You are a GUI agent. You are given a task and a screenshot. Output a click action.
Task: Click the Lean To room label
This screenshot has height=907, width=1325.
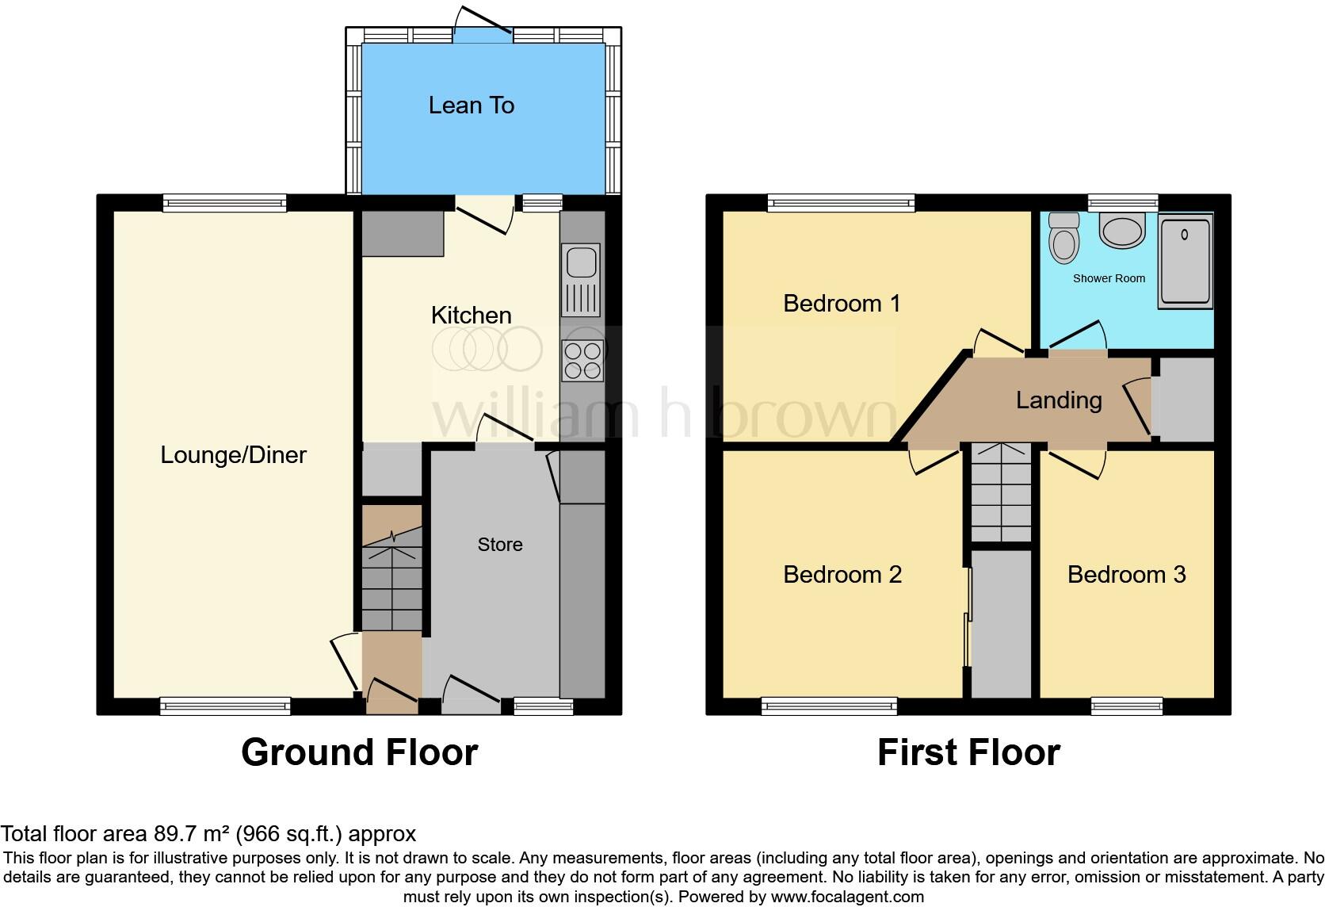(472, 105)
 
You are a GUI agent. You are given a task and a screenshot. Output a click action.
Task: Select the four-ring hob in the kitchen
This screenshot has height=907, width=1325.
(582, 361)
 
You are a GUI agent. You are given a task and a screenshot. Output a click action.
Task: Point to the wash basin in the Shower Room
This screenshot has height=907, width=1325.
(1122, 230)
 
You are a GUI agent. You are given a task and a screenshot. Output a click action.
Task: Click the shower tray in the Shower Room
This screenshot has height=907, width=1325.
(1186, 262)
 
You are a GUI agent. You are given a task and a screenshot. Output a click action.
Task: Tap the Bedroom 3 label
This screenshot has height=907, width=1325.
(1126, 574)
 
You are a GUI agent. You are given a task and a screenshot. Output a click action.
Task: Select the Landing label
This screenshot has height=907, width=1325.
(1059, 400)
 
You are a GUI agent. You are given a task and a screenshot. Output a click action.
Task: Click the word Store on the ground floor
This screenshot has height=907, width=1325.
(500, 545)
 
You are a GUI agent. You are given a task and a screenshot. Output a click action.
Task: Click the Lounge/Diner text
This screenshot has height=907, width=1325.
(233, 454)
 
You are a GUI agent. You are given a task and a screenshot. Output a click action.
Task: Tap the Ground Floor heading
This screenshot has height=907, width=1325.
(359, 752)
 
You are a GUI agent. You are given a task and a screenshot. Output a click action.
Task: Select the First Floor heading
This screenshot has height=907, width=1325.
(968, 752)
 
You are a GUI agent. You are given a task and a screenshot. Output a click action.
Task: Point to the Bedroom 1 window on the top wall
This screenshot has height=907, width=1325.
(841, 204)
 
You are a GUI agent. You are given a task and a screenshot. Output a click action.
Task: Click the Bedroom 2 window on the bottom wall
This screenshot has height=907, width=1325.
(829, 705)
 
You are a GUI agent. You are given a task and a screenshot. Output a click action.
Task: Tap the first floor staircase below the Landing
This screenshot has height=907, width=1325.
(1002, 493)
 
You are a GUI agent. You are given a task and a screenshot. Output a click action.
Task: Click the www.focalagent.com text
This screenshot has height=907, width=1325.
(847, 897)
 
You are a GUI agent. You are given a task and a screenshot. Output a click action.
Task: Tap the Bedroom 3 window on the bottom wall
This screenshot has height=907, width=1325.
(1126, 705)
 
